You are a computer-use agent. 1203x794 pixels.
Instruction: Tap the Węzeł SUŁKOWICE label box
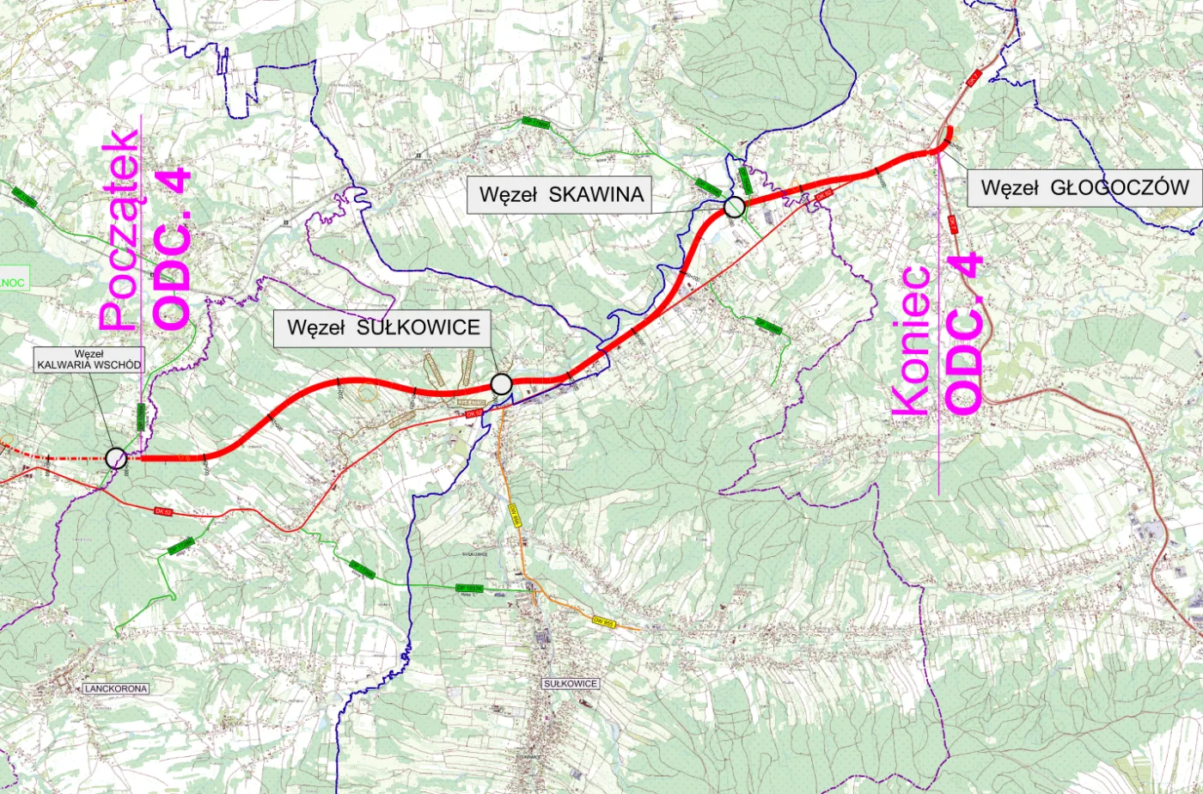382,327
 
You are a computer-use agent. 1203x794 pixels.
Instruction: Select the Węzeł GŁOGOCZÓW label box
1084,187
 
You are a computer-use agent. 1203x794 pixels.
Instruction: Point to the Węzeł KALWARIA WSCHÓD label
89,359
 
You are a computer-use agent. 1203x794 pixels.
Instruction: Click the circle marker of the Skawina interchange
734,206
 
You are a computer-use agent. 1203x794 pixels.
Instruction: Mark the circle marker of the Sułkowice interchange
501,383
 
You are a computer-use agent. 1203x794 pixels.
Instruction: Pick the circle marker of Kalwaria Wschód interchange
115,458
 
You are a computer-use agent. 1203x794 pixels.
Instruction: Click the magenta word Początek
119,230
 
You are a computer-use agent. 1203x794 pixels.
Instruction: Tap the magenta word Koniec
912,340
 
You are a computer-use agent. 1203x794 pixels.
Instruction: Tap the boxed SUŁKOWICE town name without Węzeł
571,683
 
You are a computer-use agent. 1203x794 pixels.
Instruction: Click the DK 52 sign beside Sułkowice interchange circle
471,414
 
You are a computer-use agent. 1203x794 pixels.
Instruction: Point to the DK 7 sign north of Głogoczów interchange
974,76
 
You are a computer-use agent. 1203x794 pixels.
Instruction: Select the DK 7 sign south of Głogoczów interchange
953,223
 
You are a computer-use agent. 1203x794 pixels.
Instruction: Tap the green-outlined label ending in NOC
15,281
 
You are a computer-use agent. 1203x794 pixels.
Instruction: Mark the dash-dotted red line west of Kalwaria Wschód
52,458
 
